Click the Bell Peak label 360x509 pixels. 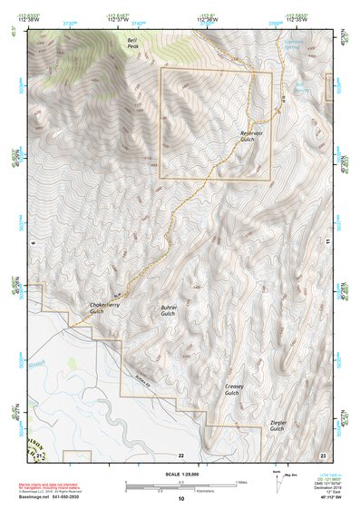133,44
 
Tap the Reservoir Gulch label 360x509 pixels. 251,136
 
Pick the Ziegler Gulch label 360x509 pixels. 277,426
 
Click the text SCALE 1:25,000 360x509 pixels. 180,474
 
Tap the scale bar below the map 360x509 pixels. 180,484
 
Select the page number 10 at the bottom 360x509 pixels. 180,498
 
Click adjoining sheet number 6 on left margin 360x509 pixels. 32,243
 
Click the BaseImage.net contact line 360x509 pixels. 62,498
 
